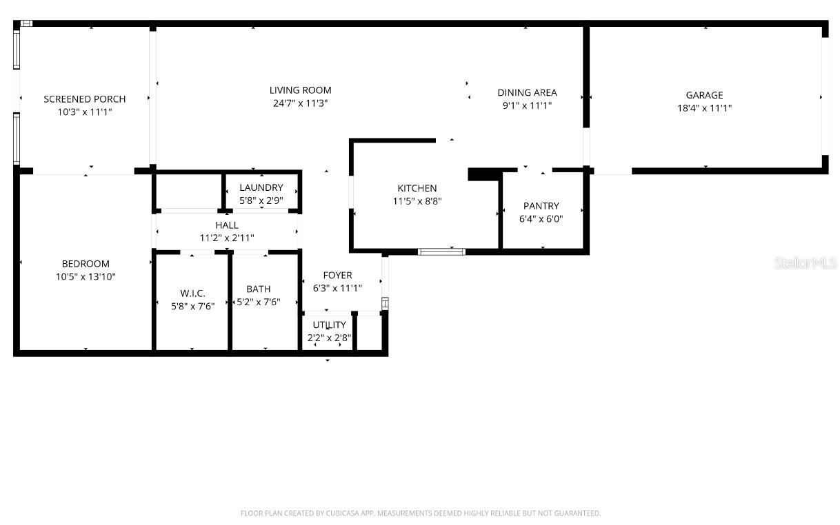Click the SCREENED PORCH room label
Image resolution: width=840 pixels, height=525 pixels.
[85, 99]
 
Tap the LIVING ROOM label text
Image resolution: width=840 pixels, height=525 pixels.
[300, 90]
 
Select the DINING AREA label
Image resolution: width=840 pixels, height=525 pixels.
[527, 92]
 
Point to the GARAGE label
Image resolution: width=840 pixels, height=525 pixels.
[704, 95]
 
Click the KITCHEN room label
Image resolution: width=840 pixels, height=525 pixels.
[417, 188]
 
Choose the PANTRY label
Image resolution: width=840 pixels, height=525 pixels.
[541, 206]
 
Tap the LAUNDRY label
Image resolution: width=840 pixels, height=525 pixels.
[261, 187]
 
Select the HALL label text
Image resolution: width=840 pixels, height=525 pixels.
[227, 225]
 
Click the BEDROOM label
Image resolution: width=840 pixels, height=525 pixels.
[86, 264]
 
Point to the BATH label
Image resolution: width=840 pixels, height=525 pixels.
[259, 289]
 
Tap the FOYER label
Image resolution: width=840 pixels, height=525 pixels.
[337, 276]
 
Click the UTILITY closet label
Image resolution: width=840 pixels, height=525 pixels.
[329, 325]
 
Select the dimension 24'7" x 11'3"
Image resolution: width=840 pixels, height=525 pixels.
[300, 103]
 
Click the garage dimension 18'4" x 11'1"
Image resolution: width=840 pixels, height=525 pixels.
[704, 108]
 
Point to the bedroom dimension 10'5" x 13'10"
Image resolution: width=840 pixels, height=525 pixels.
[86, 277]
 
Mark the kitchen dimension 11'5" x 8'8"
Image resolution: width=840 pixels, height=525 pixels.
[417, 201]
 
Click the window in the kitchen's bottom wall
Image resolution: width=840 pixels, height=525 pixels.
[441, 251]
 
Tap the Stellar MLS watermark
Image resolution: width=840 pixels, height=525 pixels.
[805, 262]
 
